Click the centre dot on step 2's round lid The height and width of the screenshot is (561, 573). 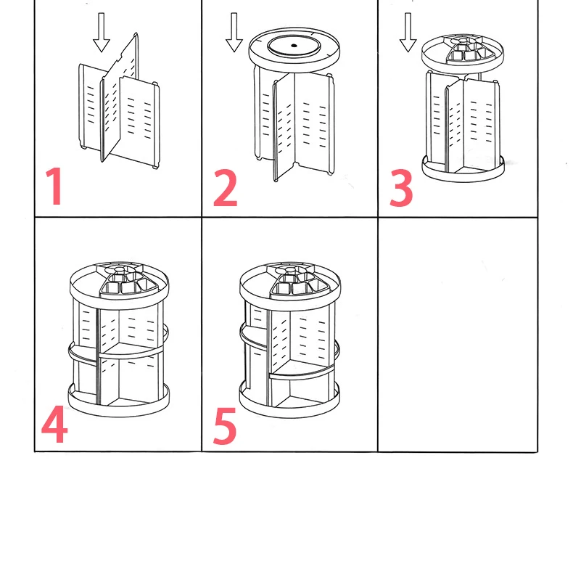click(x=294, y=46)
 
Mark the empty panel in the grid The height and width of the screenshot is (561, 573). click(x=457, y=334)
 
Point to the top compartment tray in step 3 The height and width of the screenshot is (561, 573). click(x=460, y=51)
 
